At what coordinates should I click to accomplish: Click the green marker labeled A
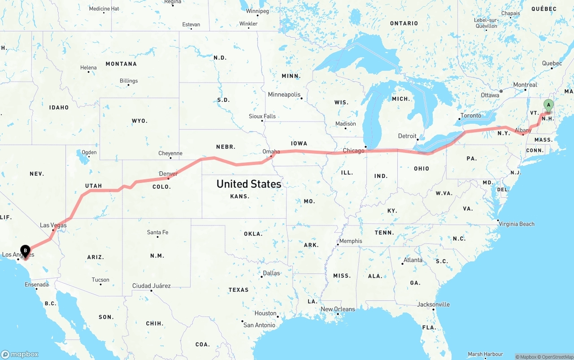point(548,106)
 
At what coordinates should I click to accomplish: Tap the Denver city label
point(169,173)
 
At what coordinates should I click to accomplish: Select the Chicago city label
point(353,151)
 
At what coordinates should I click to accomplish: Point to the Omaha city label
point(271,152)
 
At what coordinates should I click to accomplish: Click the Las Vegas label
point(53,225)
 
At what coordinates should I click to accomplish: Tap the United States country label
point(249,184)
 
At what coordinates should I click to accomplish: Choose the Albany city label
point(523,130)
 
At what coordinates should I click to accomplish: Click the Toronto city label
point(470,116)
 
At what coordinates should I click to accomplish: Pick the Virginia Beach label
point(516,224)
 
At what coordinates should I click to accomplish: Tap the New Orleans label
point(338,309)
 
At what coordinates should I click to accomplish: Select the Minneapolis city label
point(284,95)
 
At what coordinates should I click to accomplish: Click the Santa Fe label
point(157,232)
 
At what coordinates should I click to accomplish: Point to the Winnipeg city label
point(257,11)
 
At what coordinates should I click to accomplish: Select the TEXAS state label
point(239,290)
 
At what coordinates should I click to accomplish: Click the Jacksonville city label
point(433,304)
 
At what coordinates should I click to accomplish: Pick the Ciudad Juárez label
point(151,286)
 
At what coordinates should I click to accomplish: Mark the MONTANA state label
point(121,64)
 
